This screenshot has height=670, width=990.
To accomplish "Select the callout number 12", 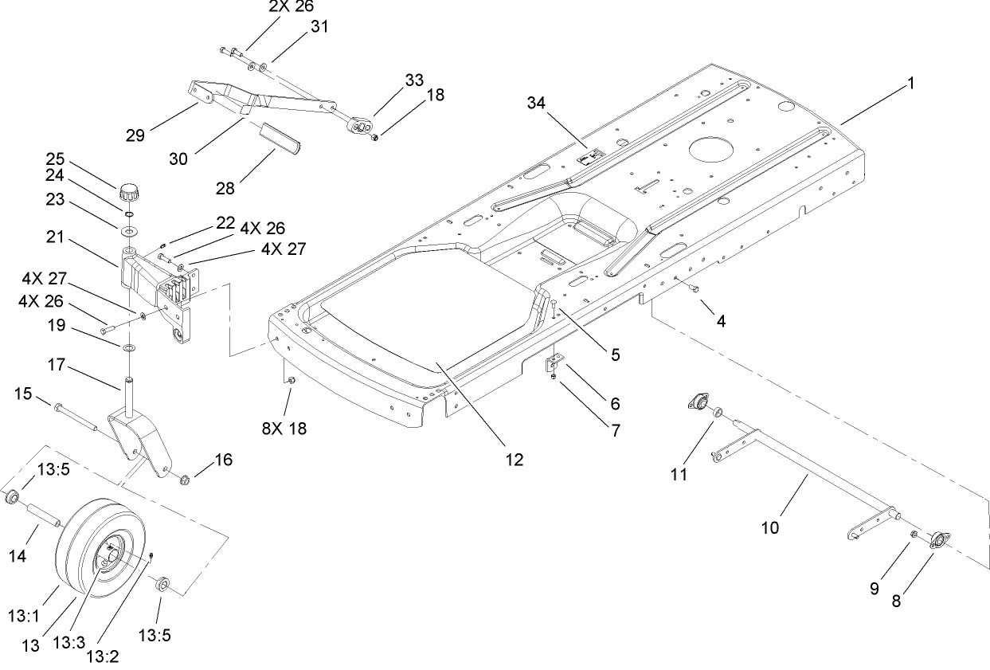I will coord(514,460).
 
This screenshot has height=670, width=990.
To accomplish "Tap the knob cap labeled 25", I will coord(130,193).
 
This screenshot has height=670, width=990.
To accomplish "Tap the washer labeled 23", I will coord(129,230).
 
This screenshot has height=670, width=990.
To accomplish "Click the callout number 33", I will coord(414,80).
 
